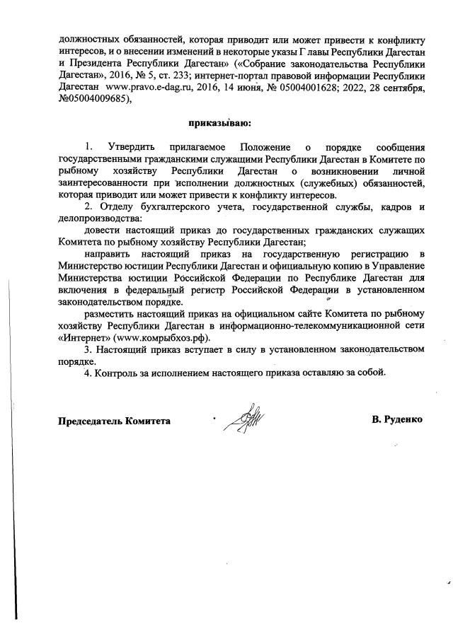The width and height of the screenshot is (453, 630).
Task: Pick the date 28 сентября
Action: pos(394,88)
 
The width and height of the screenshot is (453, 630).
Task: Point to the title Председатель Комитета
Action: pos(114,421)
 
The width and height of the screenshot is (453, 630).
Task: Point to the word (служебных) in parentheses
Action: pos(336,183)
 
